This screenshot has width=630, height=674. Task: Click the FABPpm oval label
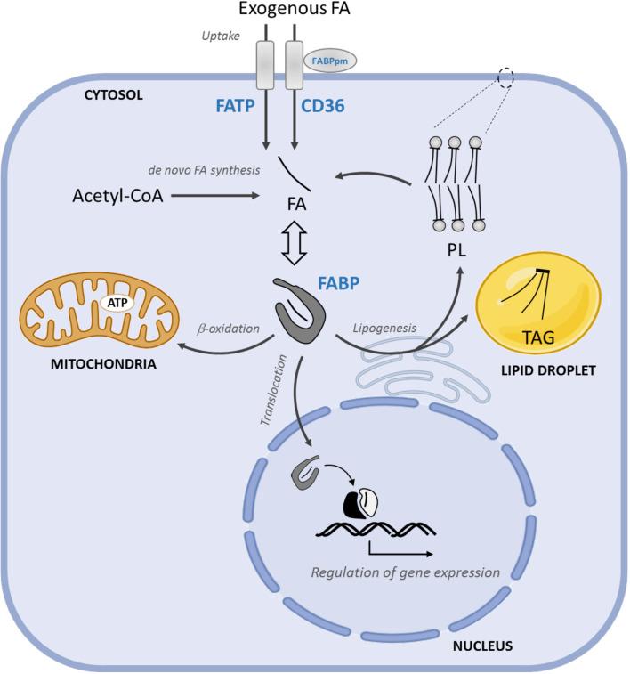pos(330,61)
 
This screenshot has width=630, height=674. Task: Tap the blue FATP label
pos(235,106)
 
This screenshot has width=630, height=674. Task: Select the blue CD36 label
pos(323,106)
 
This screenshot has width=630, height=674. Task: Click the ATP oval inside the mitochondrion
pos(117,303)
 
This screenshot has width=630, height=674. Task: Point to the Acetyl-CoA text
pos(117,196)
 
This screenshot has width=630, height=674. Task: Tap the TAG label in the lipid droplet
pos(538,337)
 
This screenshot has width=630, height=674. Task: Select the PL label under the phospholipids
pos(456,250)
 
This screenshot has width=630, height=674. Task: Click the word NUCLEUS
pos(482,646)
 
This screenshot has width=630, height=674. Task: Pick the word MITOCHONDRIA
pos(103,364)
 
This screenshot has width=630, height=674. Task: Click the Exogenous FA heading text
pos(295,9)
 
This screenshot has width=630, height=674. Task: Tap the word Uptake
pos(221,37)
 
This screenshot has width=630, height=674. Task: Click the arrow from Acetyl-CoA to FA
pos(215,196)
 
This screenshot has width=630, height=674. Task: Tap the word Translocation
pos(273,390)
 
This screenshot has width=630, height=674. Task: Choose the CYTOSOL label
pos(113,95)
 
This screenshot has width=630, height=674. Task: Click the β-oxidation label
pos(229,329)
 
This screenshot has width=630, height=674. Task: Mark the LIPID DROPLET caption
pos(548,370)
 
